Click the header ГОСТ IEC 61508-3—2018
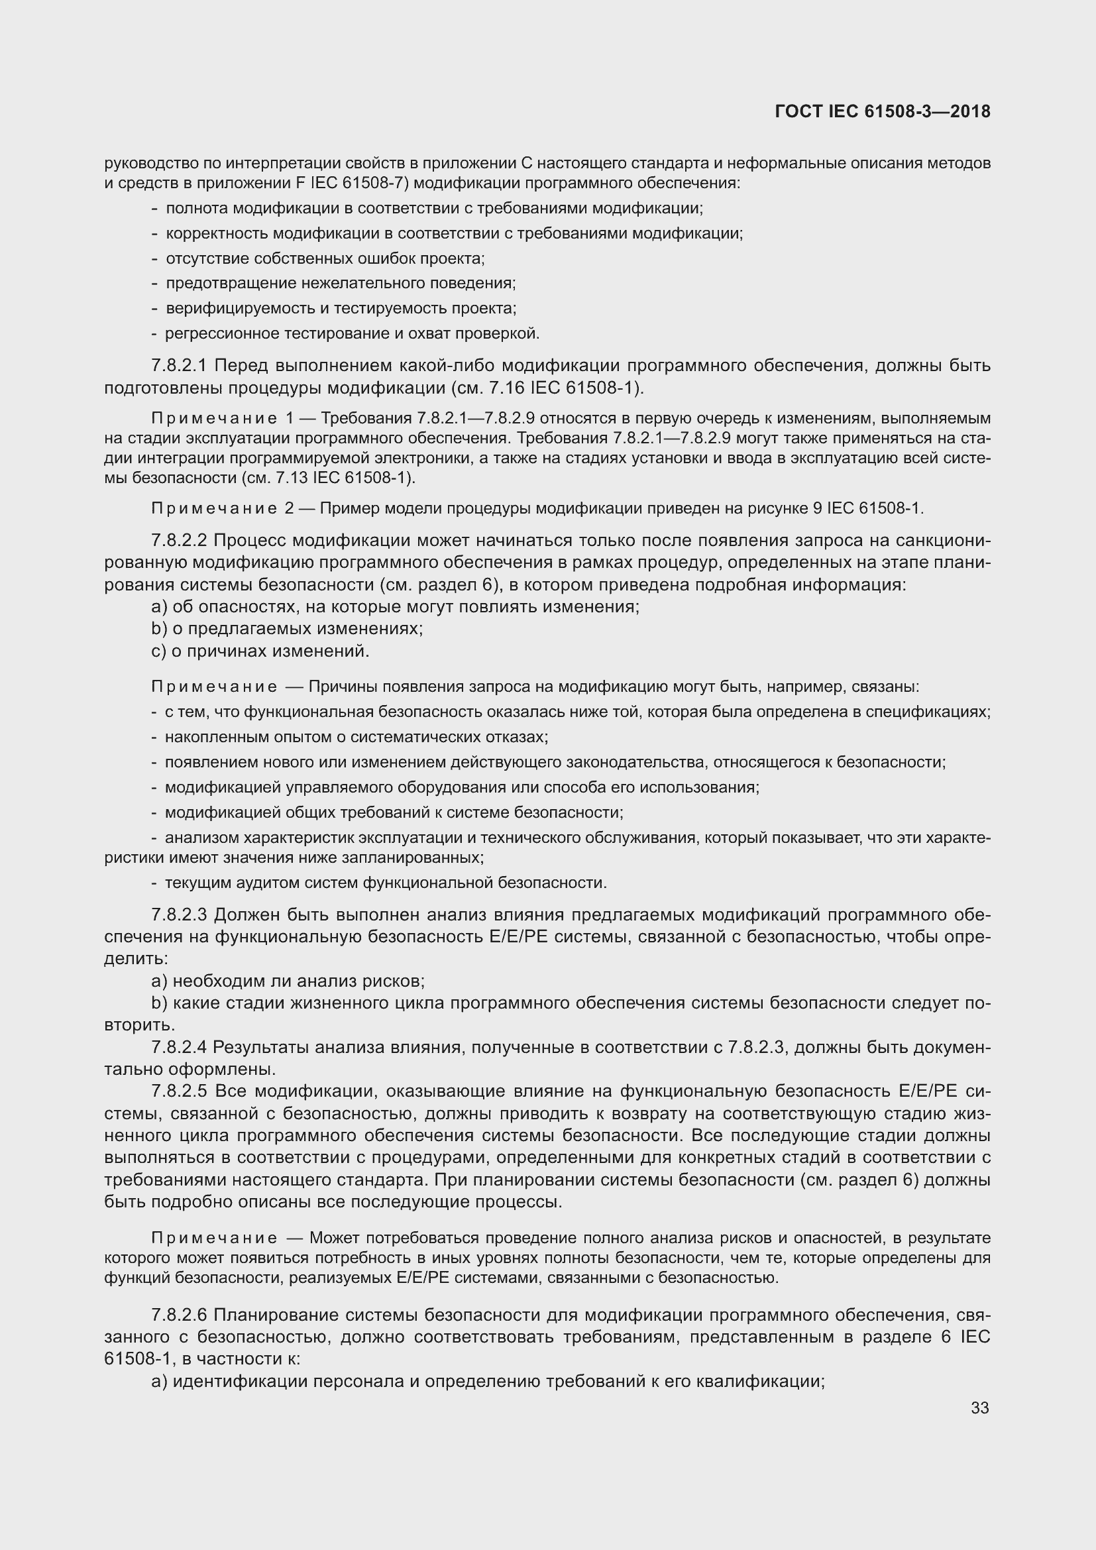point(882,111)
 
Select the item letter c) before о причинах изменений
point(159,651)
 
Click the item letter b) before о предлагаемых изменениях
point(159,629)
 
